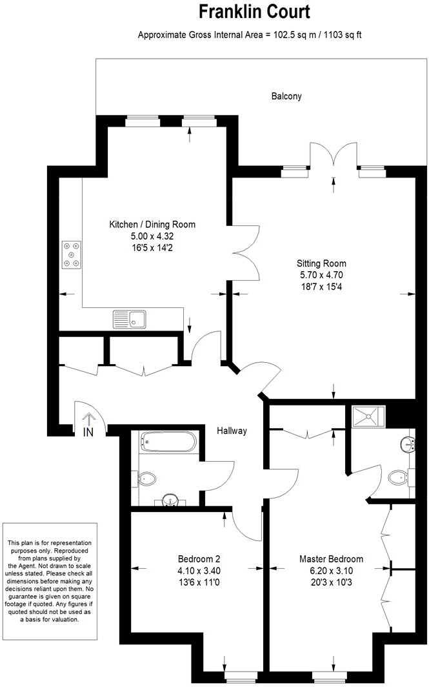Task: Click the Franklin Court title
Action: (254, 12)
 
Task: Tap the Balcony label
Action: (286, 96)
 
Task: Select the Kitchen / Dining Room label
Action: (152, 224)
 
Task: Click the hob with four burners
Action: (72, 254)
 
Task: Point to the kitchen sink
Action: (130, 319)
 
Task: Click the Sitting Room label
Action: (321, 263)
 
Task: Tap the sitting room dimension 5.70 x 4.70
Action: (321, 275)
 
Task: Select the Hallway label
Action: (232, 431)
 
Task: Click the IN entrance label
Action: (88, 433)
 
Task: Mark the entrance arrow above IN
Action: (88, 418)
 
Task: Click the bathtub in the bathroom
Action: (168, 442)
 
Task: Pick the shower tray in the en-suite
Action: (368, 416)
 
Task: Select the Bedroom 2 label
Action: (199, 559)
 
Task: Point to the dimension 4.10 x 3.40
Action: (199, 571)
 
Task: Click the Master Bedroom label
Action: (331, 559)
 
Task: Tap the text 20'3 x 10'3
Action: (331, 582)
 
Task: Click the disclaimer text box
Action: (50, 581)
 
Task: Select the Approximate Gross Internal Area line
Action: (250, 35)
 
